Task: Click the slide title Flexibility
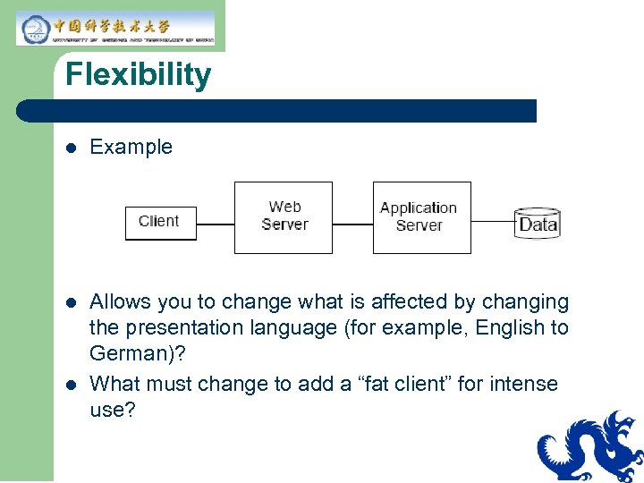(x=138, y=74)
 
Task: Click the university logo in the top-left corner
(x=115, y=28)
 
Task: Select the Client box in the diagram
(x=159, y=222)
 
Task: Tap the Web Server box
(x=284, y=217)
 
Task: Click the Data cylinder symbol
(x=538, y=222)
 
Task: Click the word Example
(x=131, y=147)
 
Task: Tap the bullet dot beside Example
(x=71, y=148)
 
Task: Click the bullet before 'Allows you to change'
(x=71, y=303)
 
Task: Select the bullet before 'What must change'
(x=71, y=386)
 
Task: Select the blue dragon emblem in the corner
(x=590, y=446)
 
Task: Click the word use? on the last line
(x=112, y=411)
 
